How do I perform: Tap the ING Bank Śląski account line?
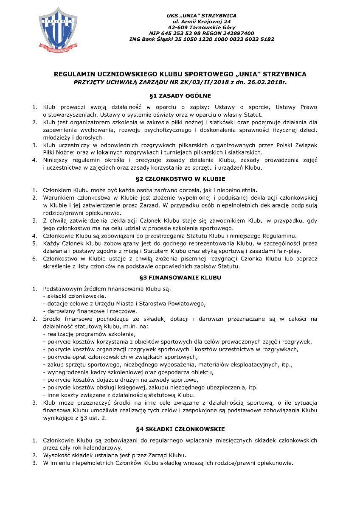click(x=202, y=39)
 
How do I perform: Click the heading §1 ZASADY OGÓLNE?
click(x=180, y=95)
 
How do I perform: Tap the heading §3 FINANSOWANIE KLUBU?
click(x=180, y=278)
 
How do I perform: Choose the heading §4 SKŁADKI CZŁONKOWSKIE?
click(x=180, y=429)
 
